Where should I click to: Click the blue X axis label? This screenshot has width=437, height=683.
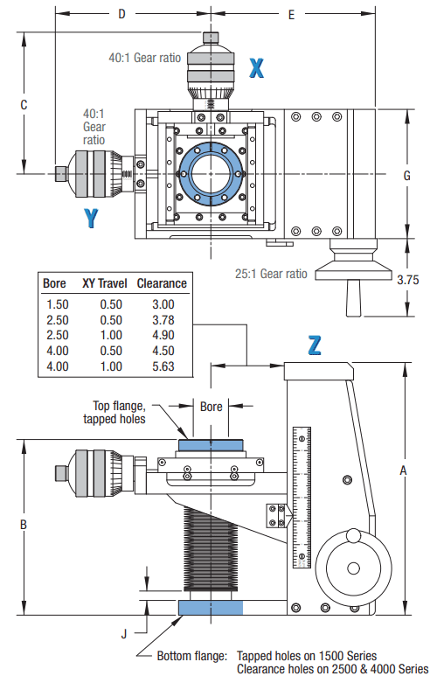(x=256, y=68)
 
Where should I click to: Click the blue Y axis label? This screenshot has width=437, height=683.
(x=91, y=218)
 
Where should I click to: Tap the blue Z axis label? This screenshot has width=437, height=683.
(x=316, y=345)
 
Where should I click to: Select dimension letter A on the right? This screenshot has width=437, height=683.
(x=403, y=470)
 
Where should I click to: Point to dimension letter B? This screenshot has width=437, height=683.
(x=24, y=525)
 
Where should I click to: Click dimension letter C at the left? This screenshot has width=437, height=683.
(x=24, y=105)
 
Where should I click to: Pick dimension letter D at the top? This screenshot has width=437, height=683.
(x=121, y=14)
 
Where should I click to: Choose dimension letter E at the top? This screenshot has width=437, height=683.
(x=291, y=14)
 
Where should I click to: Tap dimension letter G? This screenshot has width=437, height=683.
(x=406, y=175)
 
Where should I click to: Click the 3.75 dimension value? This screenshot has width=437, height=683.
(x=408, y=280)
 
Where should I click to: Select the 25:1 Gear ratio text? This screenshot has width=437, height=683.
(x=271, y=273)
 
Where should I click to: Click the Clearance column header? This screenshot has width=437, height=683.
(x=162, y=283)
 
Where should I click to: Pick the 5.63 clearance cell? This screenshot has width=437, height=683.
(x=162, y=366)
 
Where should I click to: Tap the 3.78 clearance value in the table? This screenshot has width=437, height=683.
(x=162, y=319)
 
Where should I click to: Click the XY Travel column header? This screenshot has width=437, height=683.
(x=105, y=283)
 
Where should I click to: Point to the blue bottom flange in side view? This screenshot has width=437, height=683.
(x=207, y=608)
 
